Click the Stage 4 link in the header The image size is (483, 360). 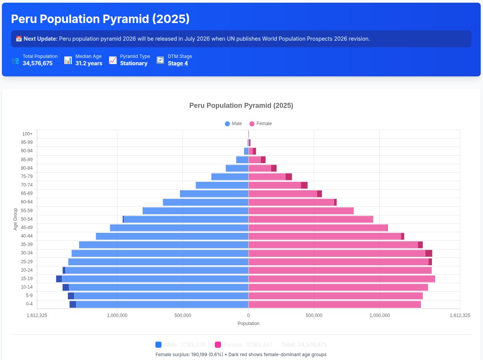[178, 63]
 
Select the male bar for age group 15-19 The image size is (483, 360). [153, 279]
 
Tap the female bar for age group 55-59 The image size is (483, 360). [301, 211]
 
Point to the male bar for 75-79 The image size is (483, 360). [230, 177]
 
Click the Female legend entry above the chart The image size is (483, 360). [260, 124]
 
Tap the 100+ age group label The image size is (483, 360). [27, 134]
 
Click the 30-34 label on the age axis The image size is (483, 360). [26, 253]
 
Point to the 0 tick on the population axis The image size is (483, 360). [248, 315]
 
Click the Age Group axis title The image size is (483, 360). [15, 219]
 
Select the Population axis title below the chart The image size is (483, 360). [248, 324]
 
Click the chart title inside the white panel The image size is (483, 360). [241, 106]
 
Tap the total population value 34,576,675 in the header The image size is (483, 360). [38, 63]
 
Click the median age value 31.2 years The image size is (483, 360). [89, 63]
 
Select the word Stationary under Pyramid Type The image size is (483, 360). [134, 63]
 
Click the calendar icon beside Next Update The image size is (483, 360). [19, 39]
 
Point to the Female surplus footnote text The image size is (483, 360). [241, 355]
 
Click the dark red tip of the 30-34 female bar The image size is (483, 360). [429, 253]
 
